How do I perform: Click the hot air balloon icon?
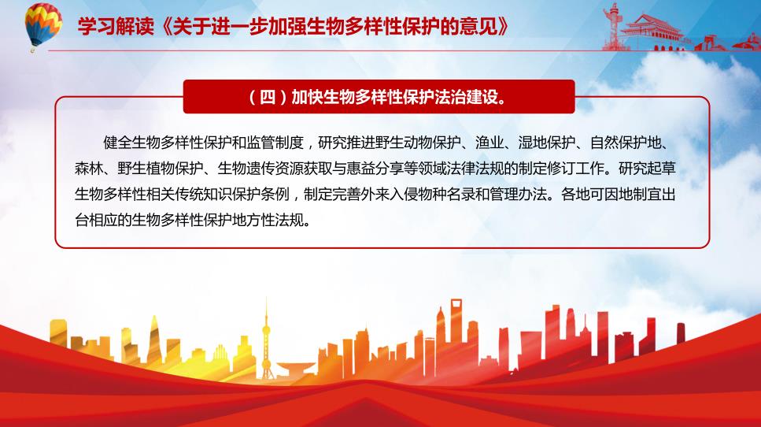43,25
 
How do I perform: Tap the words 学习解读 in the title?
116,26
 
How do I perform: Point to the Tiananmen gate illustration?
652,32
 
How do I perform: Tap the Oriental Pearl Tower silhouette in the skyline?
266,340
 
